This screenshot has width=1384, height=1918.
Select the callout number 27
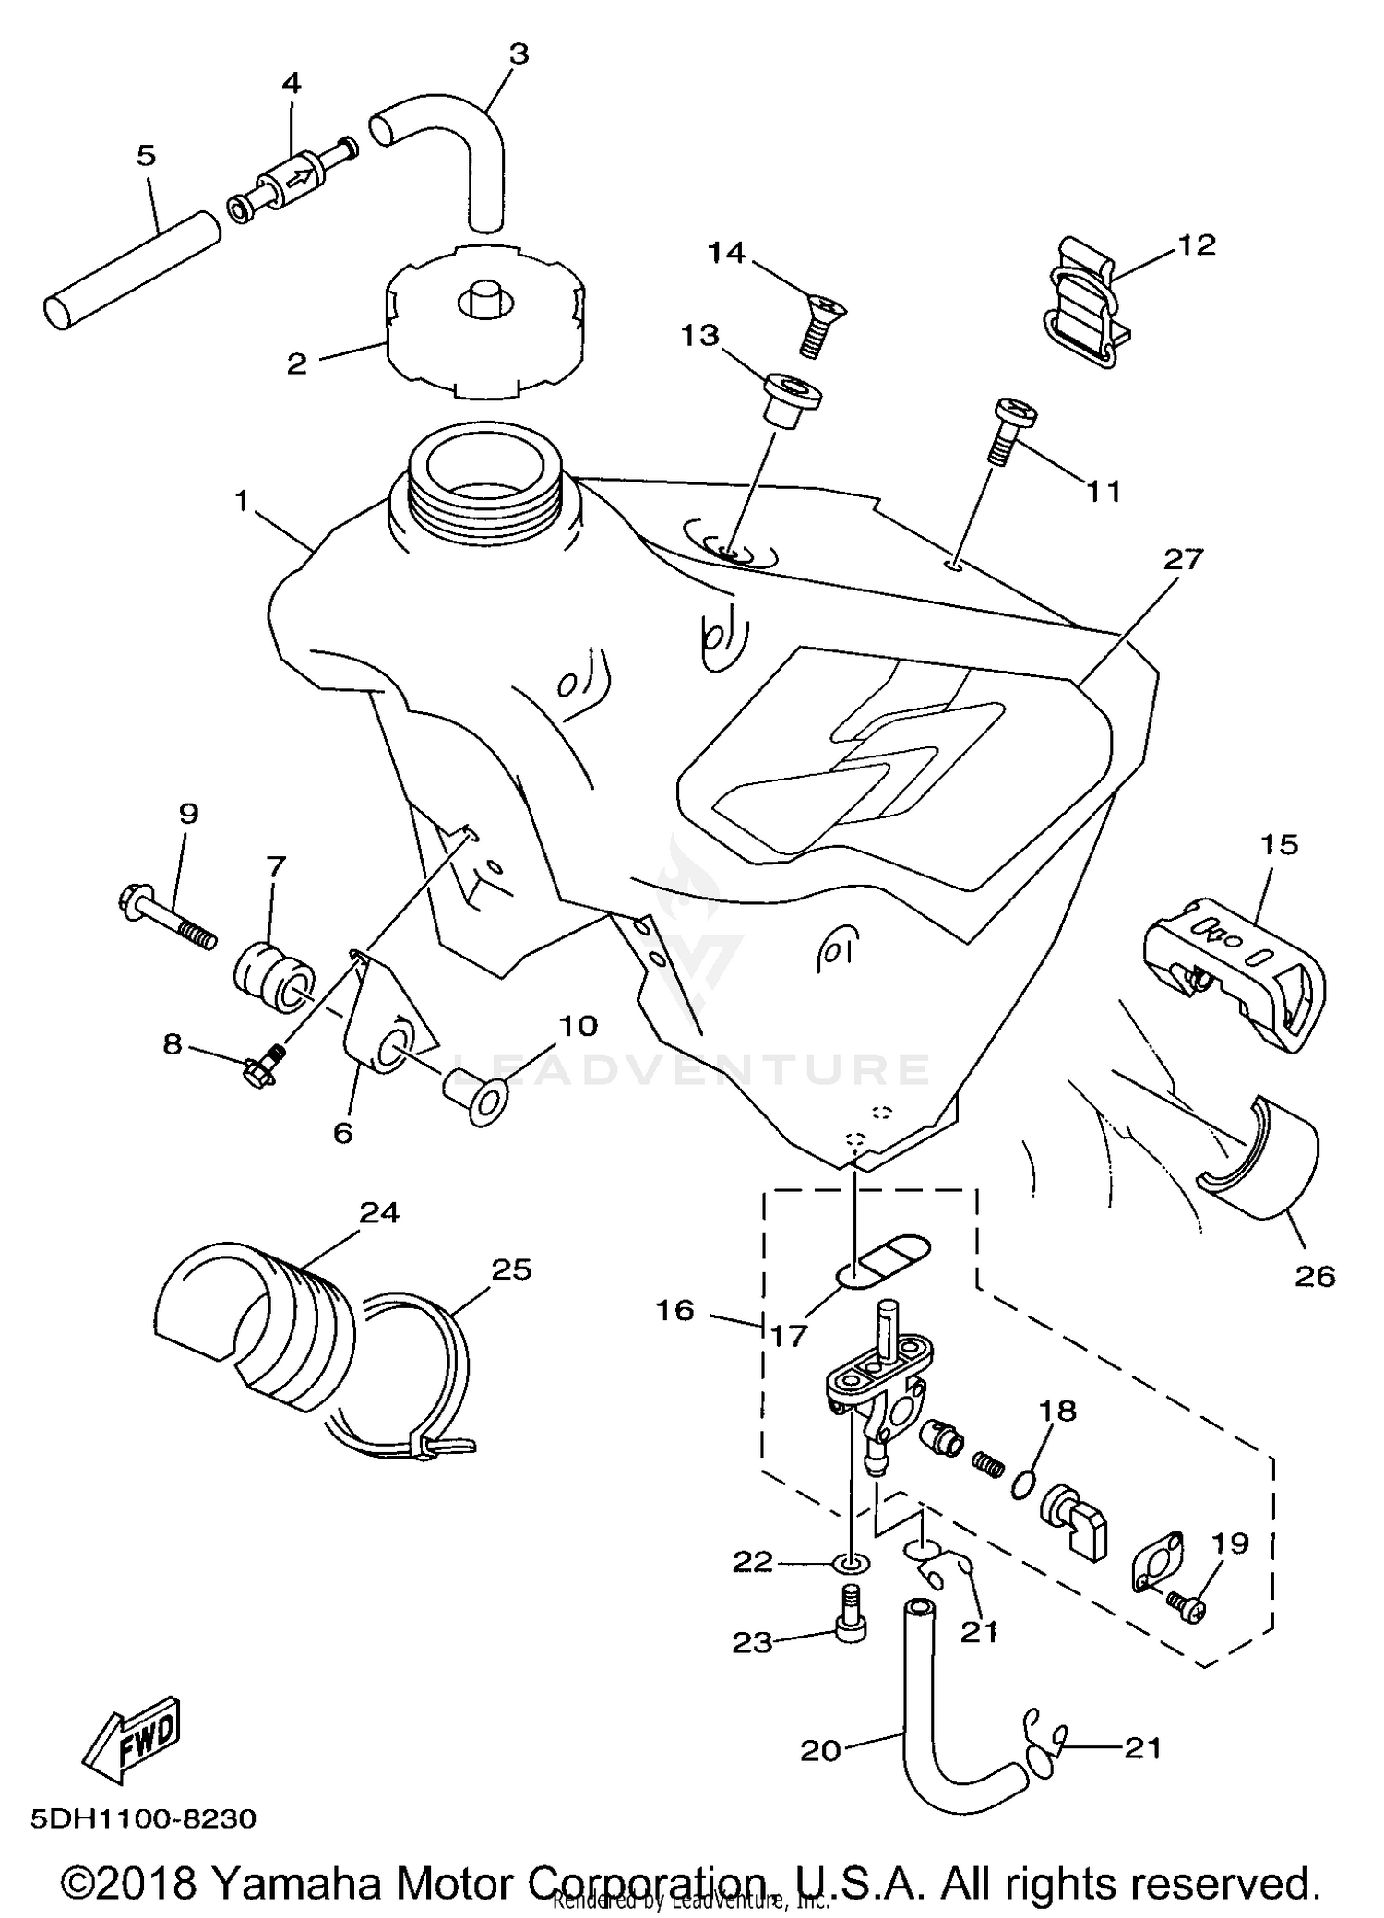click(1184, 559)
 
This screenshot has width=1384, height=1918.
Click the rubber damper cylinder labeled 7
click(273, 977)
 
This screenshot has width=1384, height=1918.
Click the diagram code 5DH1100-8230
click(143, 1819)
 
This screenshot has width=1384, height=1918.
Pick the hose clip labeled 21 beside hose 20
click(1044, 1742)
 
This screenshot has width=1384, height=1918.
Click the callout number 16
click(675, 1310)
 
